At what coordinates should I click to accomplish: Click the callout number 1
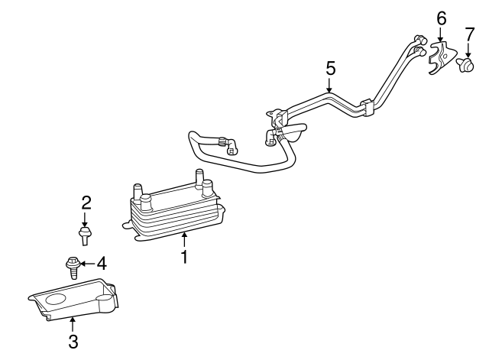tap(185, 256)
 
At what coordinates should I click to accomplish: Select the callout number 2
tap(86, 203)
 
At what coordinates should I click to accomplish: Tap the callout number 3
tap(73, 342)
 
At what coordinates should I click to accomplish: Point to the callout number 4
tap(102, 264)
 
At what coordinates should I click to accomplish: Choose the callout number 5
tap(331, 68)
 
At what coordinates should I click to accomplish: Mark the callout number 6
tap(441, 18)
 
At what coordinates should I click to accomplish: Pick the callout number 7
tap(469, 34)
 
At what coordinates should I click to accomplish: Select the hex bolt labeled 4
tap(73, 268)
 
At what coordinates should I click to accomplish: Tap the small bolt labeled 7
tap(466, 64)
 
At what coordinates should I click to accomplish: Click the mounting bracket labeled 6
tap(440, 58)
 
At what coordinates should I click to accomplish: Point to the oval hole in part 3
tap(56, 300)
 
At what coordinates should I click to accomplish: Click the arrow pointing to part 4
tap(88, 264)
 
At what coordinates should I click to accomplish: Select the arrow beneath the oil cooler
tap(185, 240)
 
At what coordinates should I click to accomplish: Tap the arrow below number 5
tap(330, 85)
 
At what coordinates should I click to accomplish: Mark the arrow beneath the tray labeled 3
tap(73, 324)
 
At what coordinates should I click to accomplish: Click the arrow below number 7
tap(468, 50)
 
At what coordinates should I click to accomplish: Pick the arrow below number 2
tap(85, 219)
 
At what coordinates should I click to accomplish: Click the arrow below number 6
tap(440, 34)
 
